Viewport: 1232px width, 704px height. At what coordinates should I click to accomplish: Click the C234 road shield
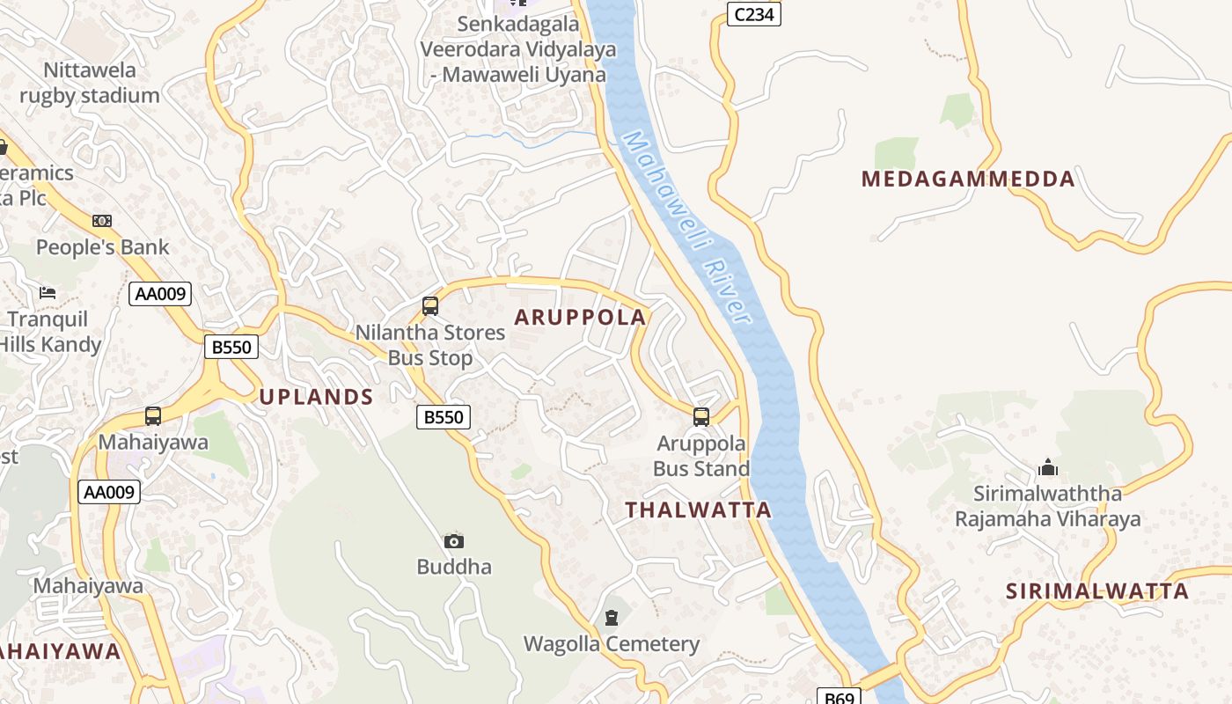754,13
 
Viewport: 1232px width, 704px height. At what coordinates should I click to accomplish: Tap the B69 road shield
839,697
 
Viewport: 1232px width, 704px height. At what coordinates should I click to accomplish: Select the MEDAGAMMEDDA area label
968,180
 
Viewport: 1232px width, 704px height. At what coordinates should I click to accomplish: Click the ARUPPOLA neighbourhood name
580,318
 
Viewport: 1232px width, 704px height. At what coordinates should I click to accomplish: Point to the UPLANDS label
317,397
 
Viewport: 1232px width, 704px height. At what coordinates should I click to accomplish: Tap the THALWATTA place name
698,510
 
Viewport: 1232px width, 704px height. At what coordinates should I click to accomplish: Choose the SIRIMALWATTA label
1097,591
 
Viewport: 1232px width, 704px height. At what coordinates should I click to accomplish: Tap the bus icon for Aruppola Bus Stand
701,416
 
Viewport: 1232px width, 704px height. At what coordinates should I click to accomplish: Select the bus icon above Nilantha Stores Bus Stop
430,306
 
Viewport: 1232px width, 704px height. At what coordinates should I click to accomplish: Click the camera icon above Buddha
454,541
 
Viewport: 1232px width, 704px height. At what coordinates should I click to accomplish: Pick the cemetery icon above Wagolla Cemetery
612,618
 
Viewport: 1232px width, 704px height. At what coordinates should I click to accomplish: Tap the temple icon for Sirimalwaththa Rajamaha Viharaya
1048,466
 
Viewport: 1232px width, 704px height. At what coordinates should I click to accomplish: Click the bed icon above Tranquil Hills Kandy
48,292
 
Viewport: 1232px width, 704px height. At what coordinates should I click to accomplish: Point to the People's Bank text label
102,247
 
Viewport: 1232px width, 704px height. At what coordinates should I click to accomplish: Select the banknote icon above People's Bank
102,221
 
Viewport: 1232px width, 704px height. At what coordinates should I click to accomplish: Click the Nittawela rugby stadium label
90,83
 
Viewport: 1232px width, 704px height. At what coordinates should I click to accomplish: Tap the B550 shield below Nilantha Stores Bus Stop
444,417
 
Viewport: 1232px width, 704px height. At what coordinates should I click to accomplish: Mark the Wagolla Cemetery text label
612,644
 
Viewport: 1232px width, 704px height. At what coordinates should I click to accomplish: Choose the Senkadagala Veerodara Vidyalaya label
518,49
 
